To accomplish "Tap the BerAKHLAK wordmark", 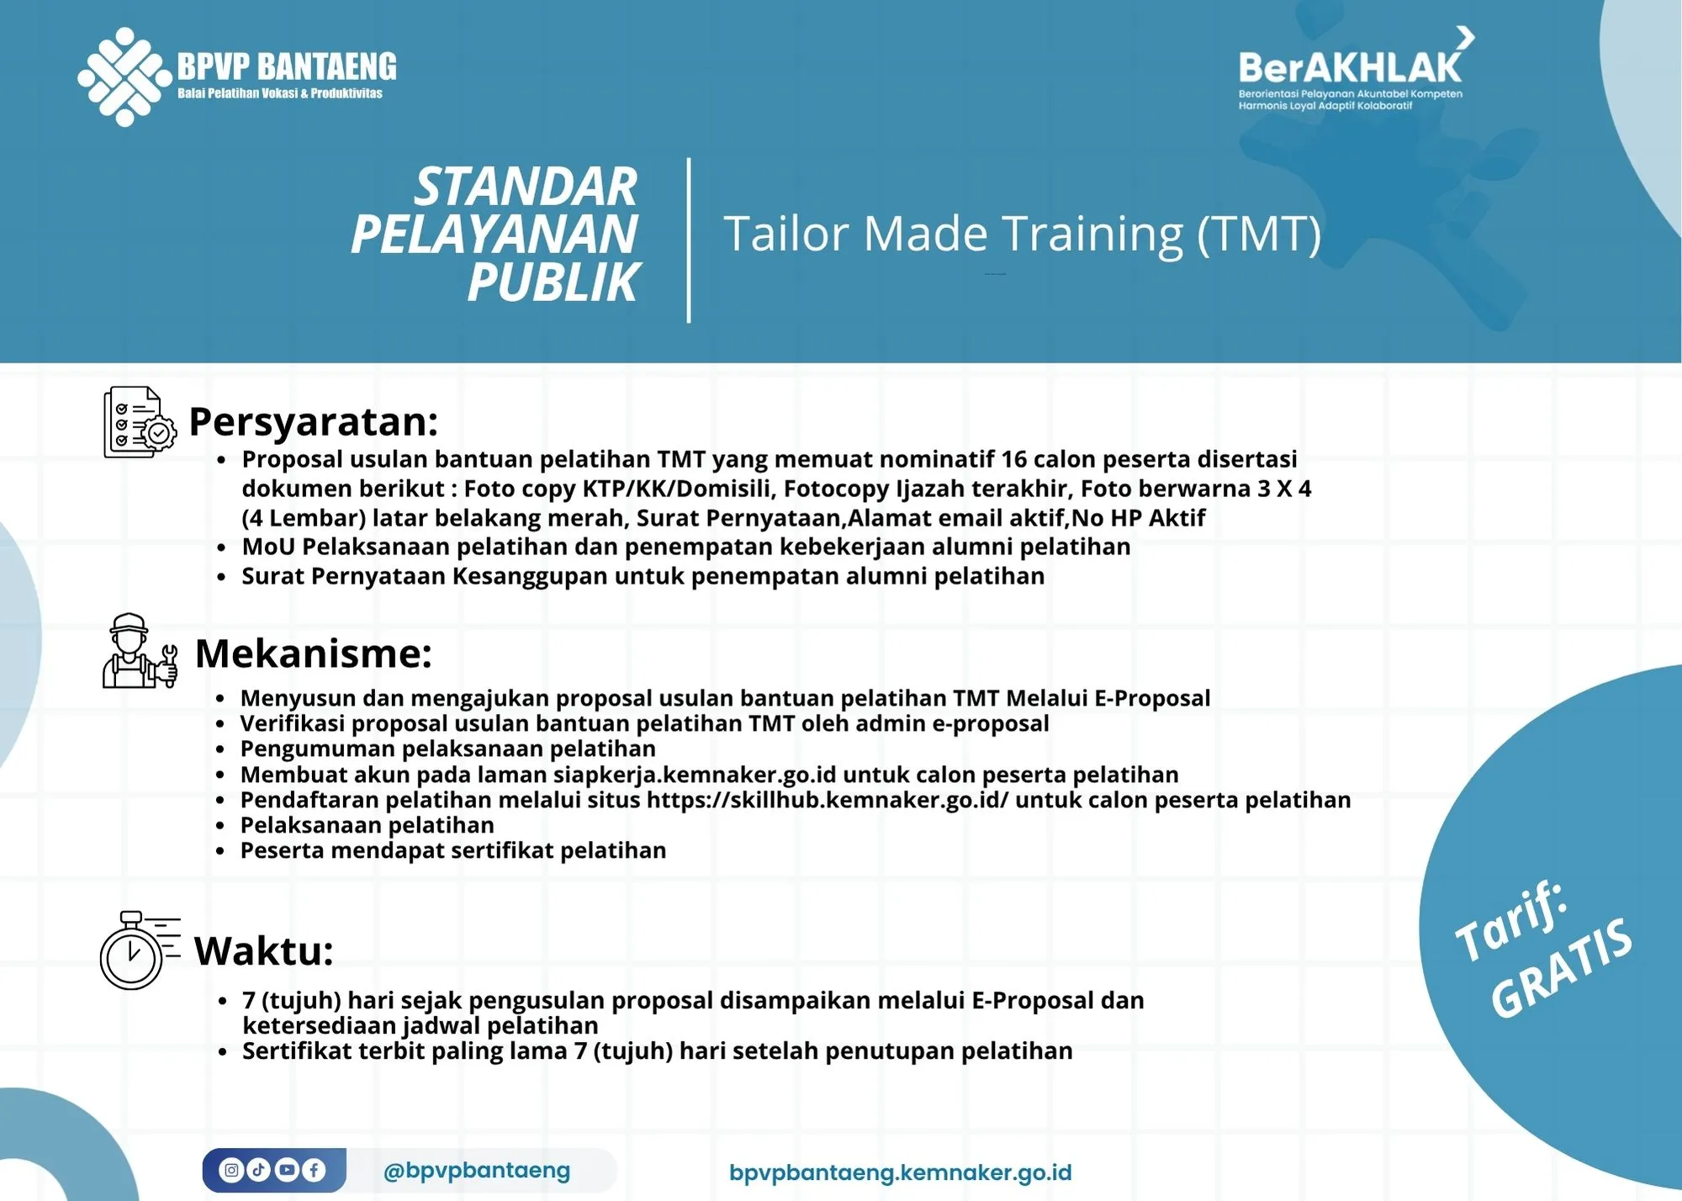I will [x=1350, y=67].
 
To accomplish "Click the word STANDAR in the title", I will [x=526, y=187].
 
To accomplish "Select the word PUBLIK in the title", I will [x=553, y=283].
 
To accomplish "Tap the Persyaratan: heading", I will [x=314, y=421].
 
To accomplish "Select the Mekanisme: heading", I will [x=314, y=653].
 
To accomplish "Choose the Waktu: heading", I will [x=264, y=951].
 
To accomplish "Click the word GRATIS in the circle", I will [x=1563, y=967].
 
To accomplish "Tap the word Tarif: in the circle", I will [x=1511, y=922].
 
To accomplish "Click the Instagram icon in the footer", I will [x=231, y=1170].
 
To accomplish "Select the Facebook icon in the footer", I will [x=314, y=1170].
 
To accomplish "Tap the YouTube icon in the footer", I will [x=287, y=1170].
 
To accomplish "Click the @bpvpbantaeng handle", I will [x=476, y=1170].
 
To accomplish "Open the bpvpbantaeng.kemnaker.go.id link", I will [x=900, y=1172].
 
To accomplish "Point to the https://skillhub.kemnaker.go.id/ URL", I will [x=828, y=800].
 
